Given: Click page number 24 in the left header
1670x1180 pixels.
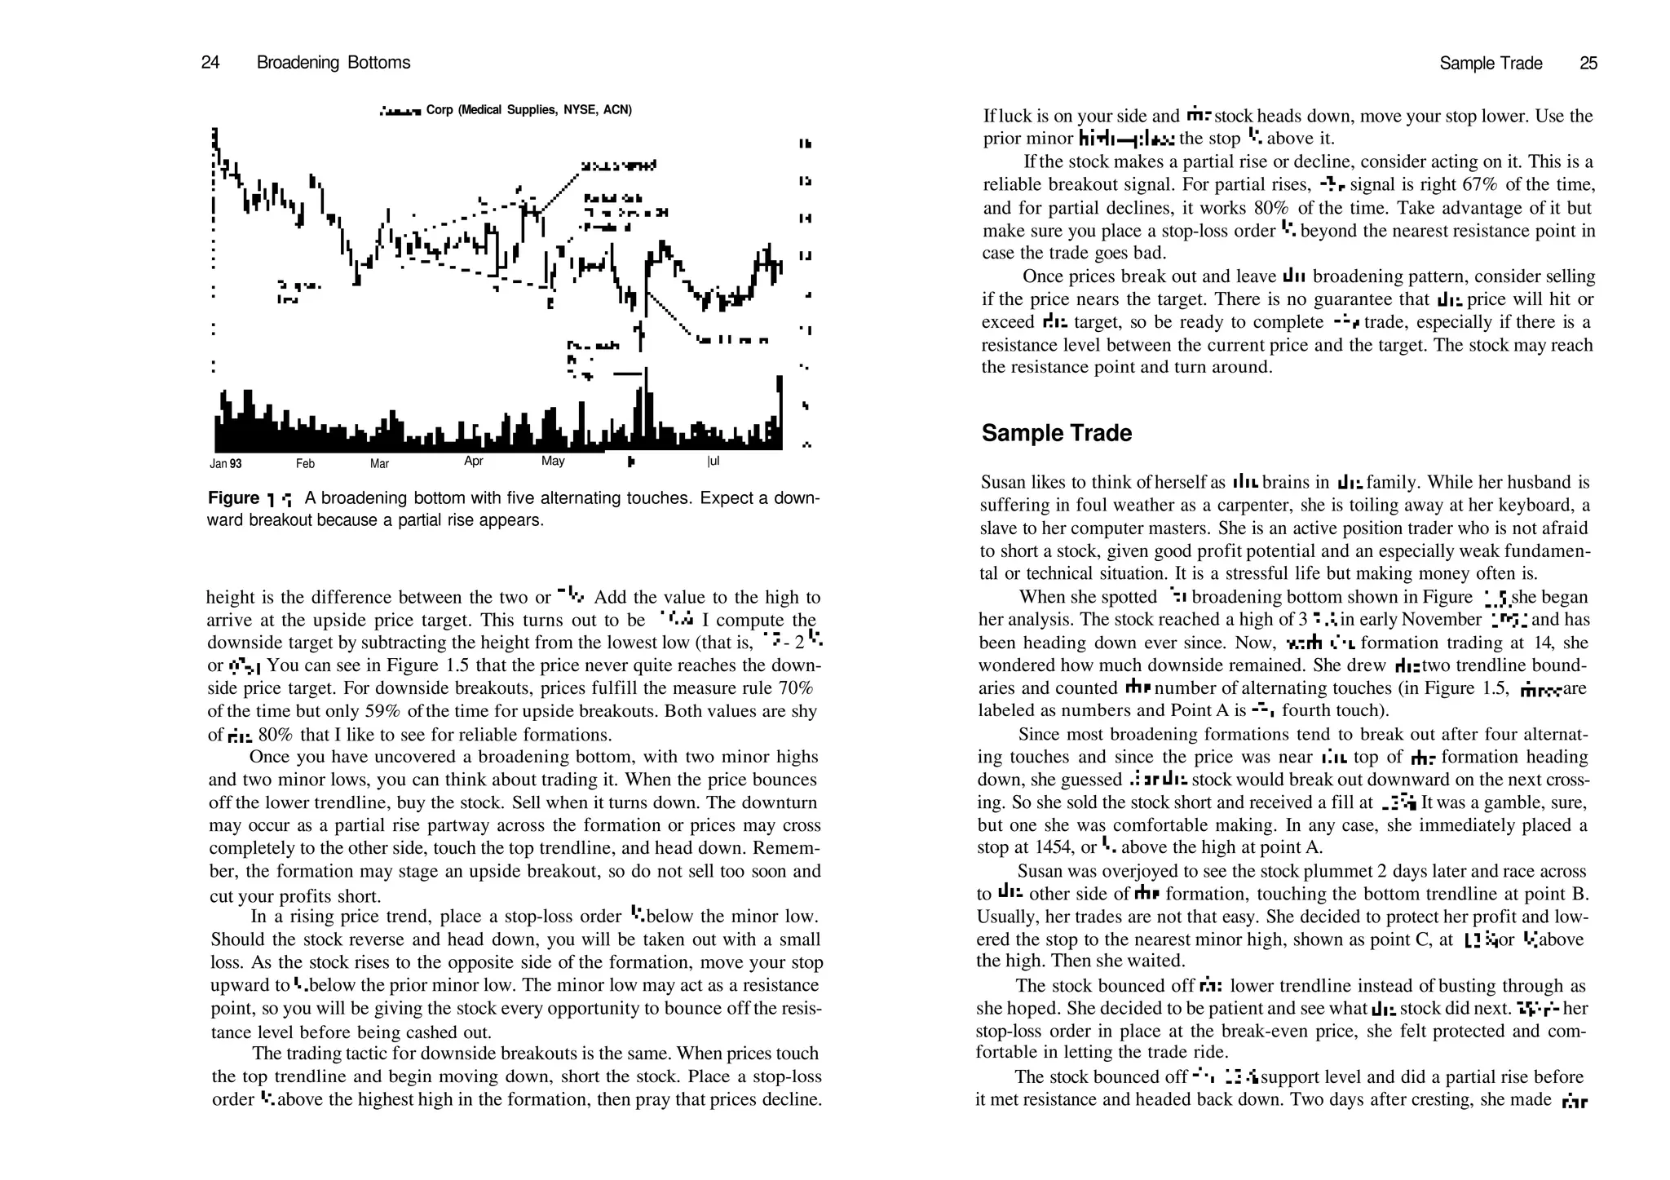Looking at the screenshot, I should [x=210, y=63].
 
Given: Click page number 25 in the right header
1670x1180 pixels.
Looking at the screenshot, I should [x=1588, y=64].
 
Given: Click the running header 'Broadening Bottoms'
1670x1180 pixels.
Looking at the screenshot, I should [x=334, y=63].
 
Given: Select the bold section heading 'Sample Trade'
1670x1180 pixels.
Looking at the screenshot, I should [x=1056, y=433].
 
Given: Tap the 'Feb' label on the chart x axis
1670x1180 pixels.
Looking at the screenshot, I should [x=305, y=464].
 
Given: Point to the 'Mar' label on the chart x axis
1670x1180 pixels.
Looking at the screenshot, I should [x=379, y=464].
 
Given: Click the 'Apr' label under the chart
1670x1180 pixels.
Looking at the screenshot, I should [x=474, y=462].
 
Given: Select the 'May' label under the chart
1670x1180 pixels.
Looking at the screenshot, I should [x=553, y=462].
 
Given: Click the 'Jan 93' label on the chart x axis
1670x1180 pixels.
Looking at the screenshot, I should [x=226, y=464].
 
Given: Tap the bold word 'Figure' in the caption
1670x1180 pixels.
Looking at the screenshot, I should [x=233, y=498].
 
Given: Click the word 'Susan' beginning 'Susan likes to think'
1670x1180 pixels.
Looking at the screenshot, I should [x=1004, y=482].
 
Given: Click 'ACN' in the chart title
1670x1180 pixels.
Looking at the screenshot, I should [x=616, y=110].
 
